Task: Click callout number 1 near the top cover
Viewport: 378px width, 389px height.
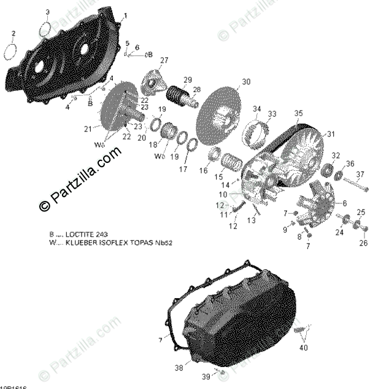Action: pos(125,15)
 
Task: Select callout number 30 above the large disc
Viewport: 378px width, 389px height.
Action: pos(246,82)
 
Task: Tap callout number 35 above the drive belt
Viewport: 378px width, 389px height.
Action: pos(298,113)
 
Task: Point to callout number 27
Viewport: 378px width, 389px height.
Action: pos(164,60)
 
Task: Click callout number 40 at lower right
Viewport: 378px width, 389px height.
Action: pos(303,348)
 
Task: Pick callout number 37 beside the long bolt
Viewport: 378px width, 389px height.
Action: pos(360,175)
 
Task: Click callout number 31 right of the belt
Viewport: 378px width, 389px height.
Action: pos(331,135)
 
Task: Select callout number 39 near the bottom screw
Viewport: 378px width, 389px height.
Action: pos(206,375)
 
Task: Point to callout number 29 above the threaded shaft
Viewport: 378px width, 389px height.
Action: pos(187,80)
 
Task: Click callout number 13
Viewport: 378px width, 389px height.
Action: pos(252,219)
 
